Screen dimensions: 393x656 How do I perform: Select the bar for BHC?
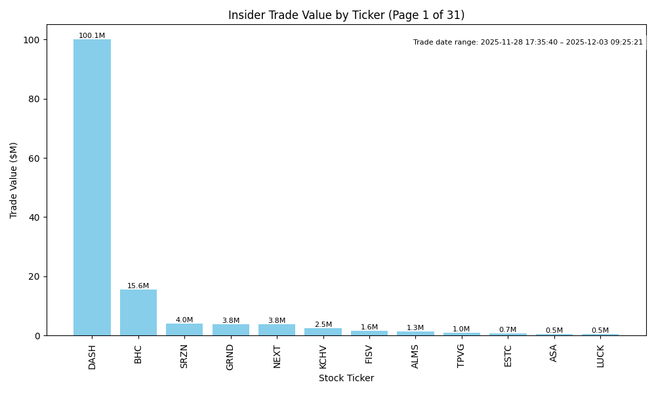(138, 312)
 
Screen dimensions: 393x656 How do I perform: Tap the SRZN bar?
(184, 329)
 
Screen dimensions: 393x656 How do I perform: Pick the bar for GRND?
(230, 330)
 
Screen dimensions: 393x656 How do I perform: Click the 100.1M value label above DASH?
(92, 36)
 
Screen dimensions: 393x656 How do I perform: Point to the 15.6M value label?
(138, 286)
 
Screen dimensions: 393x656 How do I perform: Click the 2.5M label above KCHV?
(323, 325)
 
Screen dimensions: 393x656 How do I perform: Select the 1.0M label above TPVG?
(461, 329)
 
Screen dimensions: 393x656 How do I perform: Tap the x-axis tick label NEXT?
(277, 356)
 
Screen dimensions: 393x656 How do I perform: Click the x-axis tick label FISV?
(369, 354)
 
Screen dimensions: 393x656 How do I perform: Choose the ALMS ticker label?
(415, 356)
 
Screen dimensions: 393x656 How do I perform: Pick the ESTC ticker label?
(508, 356)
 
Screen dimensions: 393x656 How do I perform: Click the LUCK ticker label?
(600, 356)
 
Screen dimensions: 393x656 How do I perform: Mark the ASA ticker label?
(554, 353)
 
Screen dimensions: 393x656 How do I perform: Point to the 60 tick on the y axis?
(36, 159)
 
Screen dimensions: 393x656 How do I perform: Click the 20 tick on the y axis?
(36, 276)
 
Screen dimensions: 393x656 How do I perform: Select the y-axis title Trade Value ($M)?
(14, 180)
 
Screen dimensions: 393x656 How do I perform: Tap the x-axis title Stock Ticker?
(346, 378)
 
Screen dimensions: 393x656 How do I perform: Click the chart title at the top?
(346, 15)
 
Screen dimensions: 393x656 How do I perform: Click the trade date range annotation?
(528, 43)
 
